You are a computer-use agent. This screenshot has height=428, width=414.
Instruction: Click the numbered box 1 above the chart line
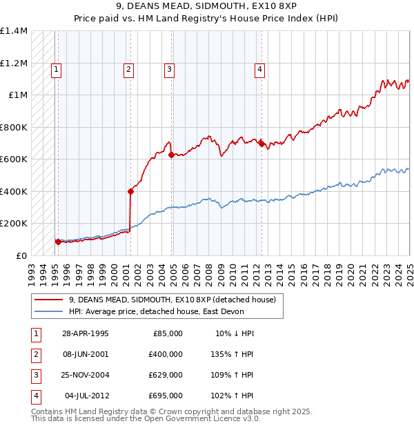[56, 68]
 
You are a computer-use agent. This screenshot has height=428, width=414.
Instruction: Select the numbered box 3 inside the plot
[169, 68]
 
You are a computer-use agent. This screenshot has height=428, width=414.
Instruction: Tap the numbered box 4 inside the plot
[259, 68]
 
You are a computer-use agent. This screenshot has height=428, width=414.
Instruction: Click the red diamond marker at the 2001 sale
[130, 191]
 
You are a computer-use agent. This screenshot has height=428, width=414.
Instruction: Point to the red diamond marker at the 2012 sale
[262, 144]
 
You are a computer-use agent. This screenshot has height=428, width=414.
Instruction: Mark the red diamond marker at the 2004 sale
[172, 155]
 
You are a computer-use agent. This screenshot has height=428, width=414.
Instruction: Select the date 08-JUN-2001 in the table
[86, 353]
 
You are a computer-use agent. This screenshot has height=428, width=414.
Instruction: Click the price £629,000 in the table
[166, 375]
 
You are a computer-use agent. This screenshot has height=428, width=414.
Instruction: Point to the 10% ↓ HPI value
[235, 333]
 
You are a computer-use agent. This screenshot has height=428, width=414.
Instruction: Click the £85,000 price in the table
[168, 333]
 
